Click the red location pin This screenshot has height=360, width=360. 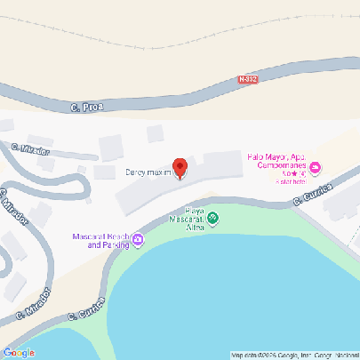coord(180,167)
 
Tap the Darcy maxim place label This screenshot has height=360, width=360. coord(148,172)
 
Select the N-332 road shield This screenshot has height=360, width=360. coord(248,79)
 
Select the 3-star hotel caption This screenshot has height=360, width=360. coord(290,181)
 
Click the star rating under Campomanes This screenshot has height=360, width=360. coord(294,174)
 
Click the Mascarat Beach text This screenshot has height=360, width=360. coord(100,236)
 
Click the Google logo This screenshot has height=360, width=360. coord(19,351)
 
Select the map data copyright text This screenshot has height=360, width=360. coord(293,355)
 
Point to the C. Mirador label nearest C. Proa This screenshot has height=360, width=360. coord(30,148)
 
